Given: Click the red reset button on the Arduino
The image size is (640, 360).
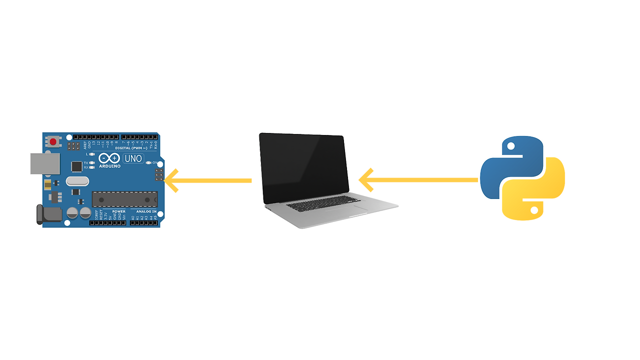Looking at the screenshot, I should point(53,141).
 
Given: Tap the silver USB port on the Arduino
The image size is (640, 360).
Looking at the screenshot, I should point(45,163).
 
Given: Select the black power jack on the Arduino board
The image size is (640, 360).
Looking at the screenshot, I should point(48,214).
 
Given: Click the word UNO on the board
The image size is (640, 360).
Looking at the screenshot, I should point(133,158).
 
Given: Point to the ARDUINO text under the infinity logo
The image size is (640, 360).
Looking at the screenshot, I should point(109,166).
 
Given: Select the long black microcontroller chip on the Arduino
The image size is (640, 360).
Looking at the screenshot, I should point(124,199).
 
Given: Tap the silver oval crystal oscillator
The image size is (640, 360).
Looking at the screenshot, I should point(77,181).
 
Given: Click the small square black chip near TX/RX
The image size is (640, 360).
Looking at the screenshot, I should point(76,165).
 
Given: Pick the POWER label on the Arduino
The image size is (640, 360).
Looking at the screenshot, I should point(119,211).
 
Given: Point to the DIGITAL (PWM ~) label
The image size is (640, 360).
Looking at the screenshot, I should point(130,148).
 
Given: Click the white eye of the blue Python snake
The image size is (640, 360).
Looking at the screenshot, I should point(510,146).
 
